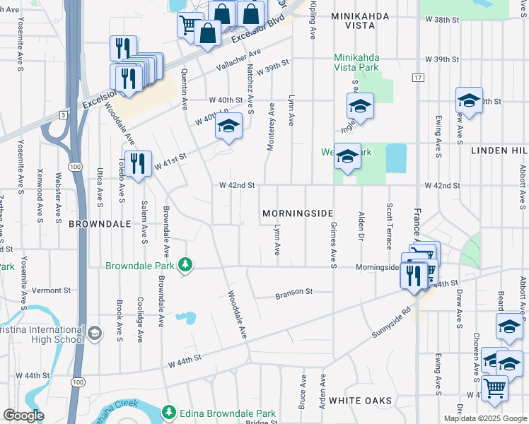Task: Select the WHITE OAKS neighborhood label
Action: pos(360,401)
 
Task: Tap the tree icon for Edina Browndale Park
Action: pos(168,412)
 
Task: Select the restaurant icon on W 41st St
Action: pos(138,163)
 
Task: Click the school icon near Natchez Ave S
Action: pos(228,126)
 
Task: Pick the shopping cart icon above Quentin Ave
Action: pos(188,25)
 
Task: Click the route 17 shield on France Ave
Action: pos(418,76)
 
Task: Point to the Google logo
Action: pos(23,416)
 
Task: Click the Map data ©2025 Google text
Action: pos(485,418)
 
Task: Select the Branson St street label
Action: pos(293,291)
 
